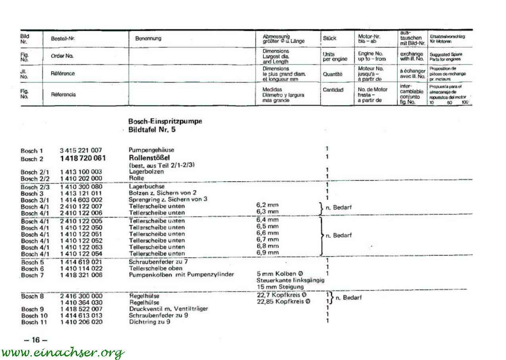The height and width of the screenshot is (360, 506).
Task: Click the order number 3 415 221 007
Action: click(81, 150)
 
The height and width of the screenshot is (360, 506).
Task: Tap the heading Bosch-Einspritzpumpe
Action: click(165, 121)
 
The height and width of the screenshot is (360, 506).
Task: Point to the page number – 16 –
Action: click(35, 340)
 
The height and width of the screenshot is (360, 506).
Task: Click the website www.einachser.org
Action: click(63, 352)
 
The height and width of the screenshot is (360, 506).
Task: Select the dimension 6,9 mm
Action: click(267, 253)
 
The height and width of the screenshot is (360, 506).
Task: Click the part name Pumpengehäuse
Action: click(151, 150)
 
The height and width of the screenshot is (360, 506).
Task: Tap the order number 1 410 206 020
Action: click(81, 322)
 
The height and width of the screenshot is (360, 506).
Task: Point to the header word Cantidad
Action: click(333, 90)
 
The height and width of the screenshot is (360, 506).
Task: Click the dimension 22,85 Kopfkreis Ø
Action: click(283, 302)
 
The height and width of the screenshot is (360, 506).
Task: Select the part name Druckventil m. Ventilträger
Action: click(168, 308)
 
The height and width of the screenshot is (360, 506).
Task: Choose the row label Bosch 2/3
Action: click(35, 187)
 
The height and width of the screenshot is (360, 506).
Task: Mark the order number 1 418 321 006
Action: click(81, 275)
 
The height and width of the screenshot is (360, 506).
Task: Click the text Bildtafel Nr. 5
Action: click(152, 130)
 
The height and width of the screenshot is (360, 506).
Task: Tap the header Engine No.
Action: click(370, 54)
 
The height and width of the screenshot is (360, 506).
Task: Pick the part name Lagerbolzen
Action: click(146, 172)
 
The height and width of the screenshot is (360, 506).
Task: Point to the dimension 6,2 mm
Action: click(267, 205)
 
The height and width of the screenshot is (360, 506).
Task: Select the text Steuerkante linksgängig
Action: click(290, 280)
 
